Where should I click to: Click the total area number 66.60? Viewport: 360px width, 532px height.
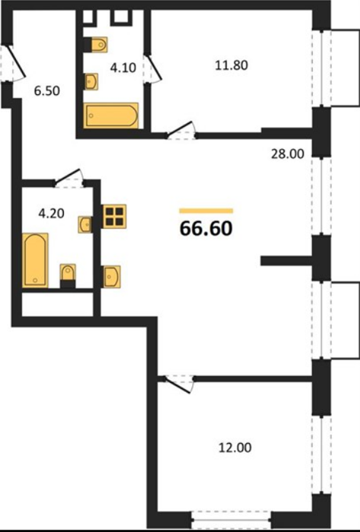(x=206, y=228)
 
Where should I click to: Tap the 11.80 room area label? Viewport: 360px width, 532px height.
(x=232, y=65)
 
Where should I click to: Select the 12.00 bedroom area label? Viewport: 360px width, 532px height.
(x=235, y=448)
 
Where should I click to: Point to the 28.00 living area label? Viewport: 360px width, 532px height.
(x=287, y=154)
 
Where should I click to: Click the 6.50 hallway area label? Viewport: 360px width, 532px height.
(x=47, y=91)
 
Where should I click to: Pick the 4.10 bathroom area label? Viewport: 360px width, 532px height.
(x=123, y=68)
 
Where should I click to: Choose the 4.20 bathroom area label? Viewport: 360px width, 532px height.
(x=52, y=214)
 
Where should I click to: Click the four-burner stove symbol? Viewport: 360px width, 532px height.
(x=114, y=216)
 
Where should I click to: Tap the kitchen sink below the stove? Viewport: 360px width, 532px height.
(x=112, y=276)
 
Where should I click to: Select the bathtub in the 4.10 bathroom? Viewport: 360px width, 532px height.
(x=111, y=116)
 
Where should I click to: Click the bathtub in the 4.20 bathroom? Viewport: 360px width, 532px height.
(x=35, y=260)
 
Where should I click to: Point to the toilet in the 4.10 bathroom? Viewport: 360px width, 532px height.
(x=96, y=44)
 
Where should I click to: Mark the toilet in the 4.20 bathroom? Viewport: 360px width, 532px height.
(x=68, y=276)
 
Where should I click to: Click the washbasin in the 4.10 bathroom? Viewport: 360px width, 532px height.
(x=91, y=81)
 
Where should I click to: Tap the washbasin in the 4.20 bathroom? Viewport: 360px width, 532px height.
(x=84, y=224)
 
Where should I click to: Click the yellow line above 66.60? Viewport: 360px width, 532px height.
(x=206, y=211)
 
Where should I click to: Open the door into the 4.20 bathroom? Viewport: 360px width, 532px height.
(x=69, y=176)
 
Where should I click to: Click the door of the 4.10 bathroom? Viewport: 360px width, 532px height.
(x=153, y=68)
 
